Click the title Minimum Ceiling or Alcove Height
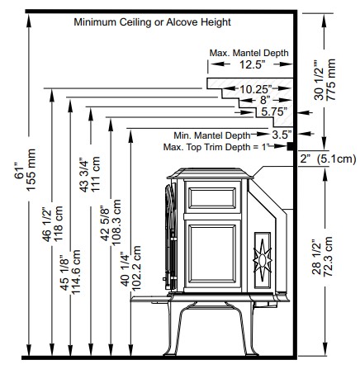[152, 22]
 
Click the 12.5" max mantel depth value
[252, 64]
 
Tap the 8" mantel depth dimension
[265, 100]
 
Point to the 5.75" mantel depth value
[274, 111]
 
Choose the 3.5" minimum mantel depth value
[282, 135]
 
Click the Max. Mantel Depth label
[249, 53]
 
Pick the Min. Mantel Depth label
[212, 135]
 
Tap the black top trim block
[290, 146]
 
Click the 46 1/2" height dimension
[47, 225]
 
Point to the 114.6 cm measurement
[75, 272]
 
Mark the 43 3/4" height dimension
[84, 175]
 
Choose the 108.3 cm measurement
[116, 222]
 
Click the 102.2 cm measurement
[136, 268]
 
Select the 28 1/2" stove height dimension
[316, 258]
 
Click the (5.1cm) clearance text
[336, 159]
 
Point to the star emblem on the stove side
[263, 260]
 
